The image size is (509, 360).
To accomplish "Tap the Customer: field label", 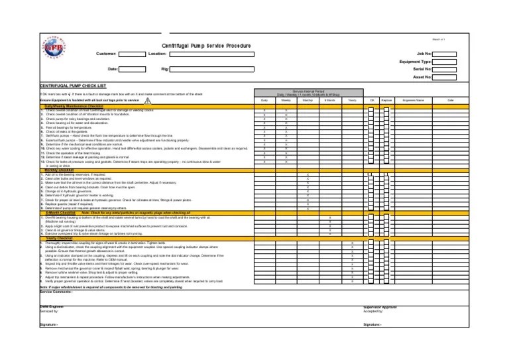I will pyautogui.click(x=106, y=53).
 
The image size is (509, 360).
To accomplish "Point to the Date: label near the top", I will pyautogui.click(x=112, y=69).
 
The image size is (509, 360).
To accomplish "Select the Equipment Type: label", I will pyautogui.click(x=416, y=61).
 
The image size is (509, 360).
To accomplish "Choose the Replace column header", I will pyautogui.click(x=387, y=100).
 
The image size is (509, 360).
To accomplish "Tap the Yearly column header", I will pyautogui.click(x=351, y=100).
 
